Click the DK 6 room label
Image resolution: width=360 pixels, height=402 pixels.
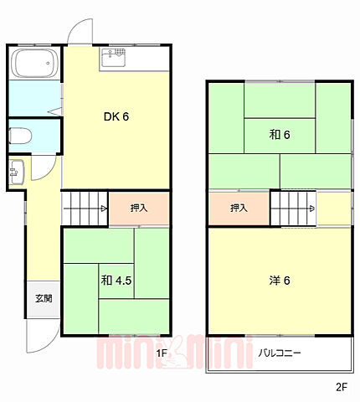click(116, 117)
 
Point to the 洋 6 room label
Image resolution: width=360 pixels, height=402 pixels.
click(279, 281)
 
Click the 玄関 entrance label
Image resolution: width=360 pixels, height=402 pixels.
click(44, 298)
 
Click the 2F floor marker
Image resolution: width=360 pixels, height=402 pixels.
click(341, 387)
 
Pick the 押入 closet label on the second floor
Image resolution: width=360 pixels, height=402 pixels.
click(239, 209)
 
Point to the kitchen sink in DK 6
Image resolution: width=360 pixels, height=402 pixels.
click(113, 59)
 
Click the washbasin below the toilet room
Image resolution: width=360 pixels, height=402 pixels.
click(16, 173)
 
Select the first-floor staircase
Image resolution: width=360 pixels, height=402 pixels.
click(84, 208)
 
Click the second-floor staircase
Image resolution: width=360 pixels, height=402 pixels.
click(293, 208)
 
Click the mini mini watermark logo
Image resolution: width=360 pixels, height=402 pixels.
click(151, 352)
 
